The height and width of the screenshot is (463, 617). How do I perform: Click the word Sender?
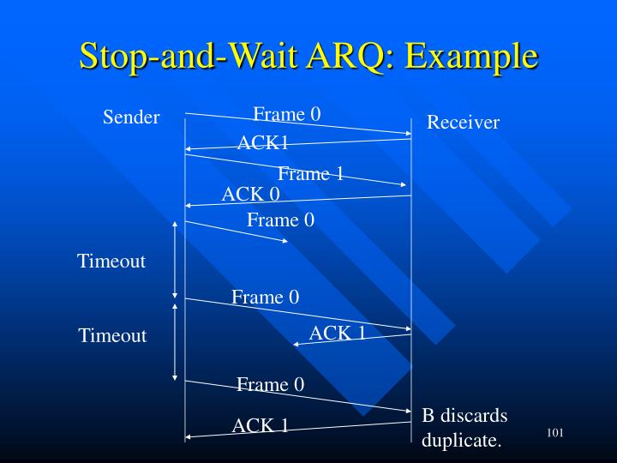(131, 117)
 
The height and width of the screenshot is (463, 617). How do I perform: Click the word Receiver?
(463, 123)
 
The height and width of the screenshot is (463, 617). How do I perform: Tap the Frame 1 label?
(310, 174)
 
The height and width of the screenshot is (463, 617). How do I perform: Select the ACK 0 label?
(250, 195)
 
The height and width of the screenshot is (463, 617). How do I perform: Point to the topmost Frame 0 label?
(286, 114)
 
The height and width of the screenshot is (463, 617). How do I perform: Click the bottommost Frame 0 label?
(270, 384)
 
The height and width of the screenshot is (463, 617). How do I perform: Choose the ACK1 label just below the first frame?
(262, 142)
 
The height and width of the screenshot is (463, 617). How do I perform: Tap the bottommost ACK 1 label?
(260, 424)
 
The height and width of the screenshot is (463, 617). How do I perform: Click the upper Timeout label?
(111, 262)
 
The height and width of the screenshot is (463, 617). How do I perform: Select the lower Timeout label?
(112, 335)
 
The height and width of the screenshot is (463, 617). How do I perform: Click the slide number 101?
(554, 433)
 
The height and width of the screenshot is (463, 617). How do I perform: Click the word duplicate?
(461, 442)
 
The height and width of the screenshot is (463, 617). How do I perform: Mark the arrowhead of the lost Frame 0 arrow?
(285, 241)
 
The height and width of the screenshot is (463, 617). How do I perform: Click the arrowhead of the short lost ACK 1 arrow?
(296, 344)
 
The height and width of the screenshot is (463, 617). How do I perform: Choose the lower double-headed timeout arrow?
(175, 340)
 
